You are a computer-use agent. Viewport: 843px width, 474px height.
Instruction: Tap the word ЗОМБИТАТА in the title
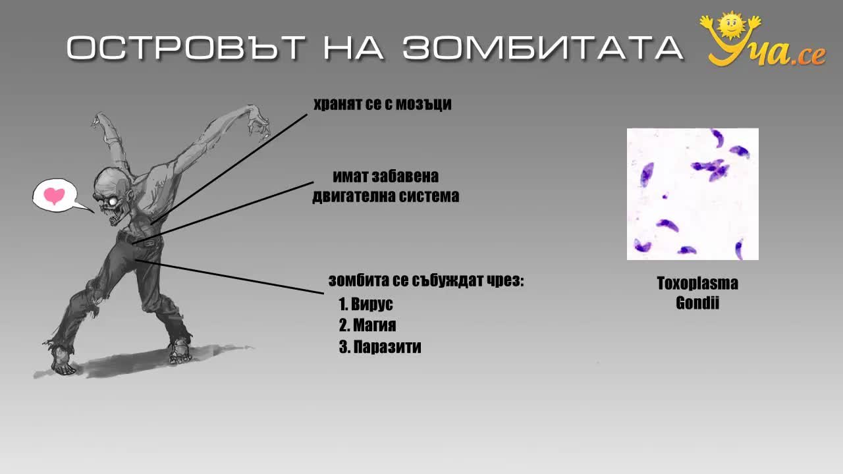point(542,47)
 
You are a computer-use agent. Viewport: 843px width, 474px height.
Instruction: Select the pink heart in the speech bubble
point(54,196)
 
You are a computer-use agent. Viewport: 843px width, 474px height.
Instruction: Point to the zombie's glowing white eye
point(113,201)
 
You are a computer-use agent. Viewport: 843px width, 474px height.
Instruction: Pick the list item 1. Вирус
point(366,304)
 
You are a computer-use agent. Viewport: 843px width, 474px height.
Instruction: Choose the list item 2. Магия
point(367,325)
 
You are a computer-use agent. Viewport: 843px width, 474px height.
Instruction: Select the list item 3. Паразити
point(380,347)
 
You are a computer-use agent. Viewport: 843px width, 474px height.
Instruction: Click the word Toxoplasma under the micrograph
point(697,283)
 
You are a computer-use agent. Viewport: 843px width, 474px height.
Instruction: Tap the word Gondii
point(697,303)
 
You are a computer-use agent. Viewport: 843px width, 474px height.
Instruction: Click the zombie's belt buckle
point(150,243)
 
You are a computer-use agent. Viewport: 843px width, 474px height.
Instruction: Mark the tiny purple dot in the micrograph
point(665,196)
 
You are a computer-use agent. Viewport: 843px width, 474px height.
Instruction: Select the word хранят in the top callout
point(338,105)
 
